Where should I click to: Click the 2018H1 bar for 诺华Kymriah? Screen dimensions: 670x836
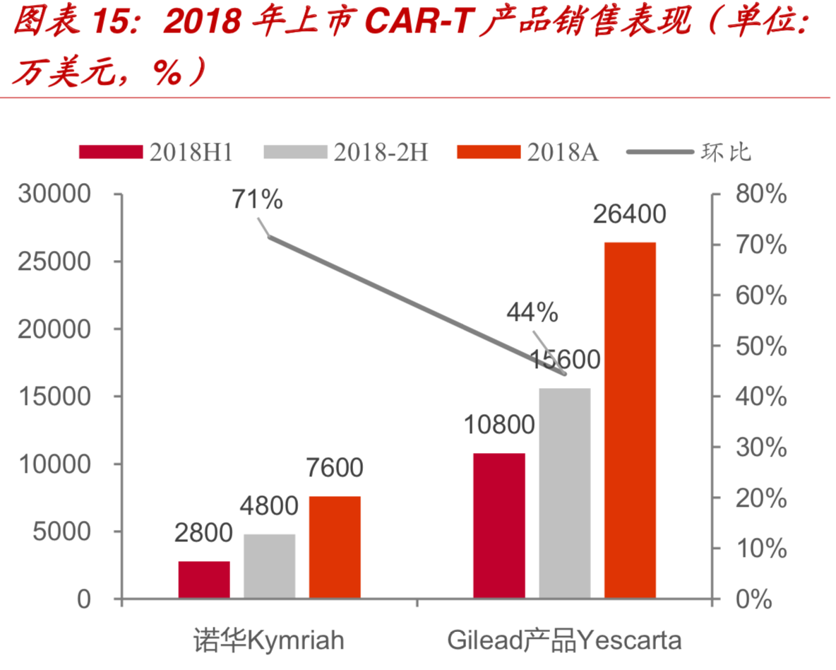coord(204,580)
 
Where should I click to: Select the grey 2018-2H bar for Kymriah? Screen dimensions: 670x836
coord(270,566)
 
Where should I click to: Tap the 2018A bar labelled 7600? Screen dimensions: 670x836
coord(335,547)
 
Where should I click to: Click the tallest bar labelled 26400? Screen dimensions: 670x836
coord(630,420)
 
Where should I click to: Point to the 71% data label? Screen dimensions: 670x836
coord(257,200)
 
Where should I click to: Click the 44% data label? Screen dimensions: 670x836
coord(532,312)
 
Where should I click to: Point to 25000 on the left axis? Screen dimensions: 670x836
coord(62,261)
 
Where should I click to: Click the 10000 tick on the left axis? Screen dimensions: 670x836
coord(62,464)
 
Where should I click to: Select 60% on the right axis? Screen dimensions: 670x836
coord(761,296)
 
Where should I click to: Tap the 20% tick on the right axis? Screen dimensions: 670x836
coord(761,498)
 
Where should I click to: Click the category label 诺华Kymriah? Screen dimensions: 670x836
coord(269,640)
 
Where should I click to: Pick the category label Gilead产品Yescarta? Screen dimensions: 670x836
coord(564,640)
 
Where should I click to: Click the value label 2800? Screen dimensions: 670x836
coord(203,532)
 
